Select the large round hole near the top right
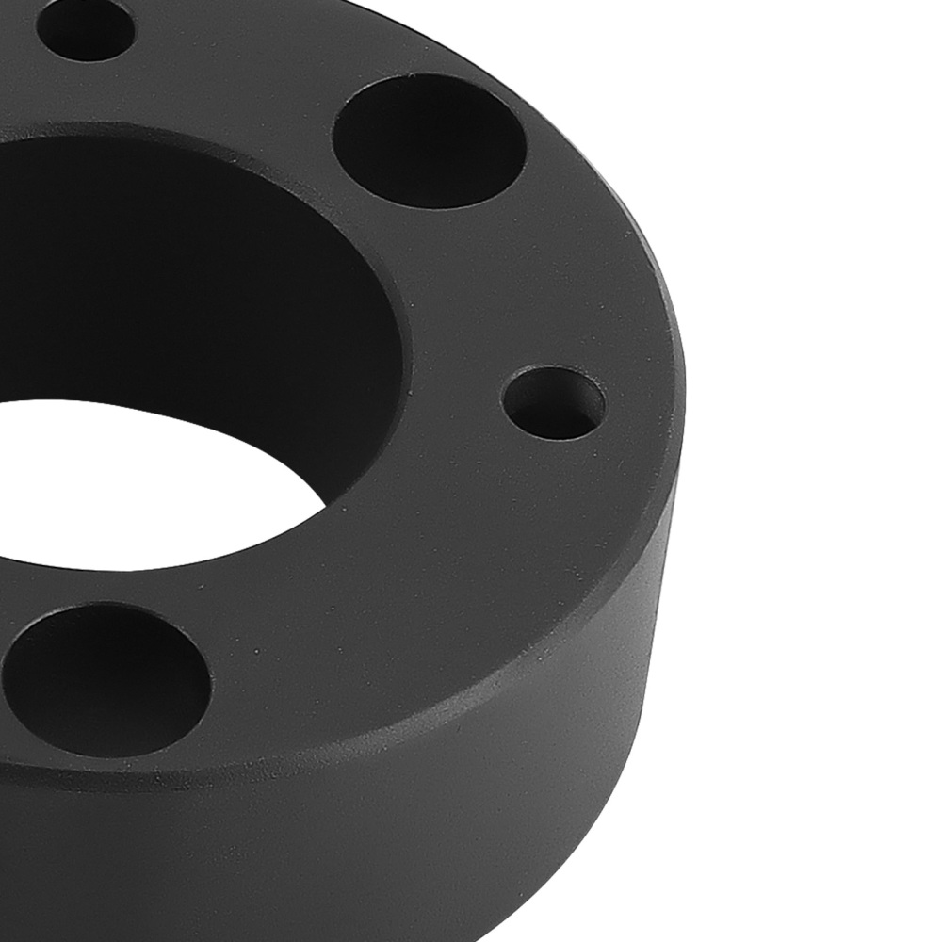pyautogui.click(x=429, y=141)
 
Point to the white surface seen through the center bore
pyautogui.click(x=160, y=480)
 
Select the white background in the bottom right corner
pyautogui.click(x=848, y=848)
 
